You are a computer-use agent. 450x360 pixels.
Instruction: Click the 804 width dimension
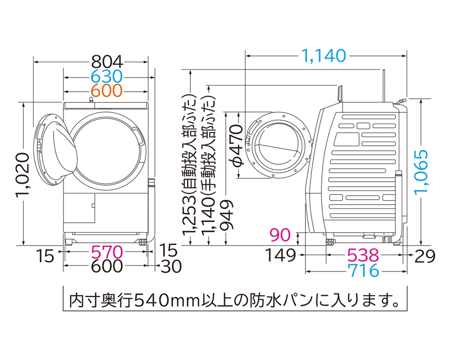coord(107,61)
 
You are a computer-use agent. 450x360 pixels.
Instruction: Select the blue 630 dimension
coord(107,76)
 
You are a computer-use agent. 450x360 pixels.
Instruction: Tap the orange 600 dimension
coord(107,90)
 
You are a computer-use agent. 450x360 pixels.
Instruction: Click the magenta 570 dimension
coord(107,252)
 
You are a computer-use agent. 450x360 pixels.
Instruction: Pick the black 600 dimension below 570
coord(107,266)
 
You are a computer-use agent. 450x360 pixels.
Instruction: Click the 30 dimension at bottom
coord(171,266)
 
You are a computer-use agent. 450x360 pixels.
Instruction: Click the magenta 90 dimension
coord(280,235)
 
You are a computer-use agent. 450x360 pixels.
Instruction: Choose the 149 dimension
coord(280,255)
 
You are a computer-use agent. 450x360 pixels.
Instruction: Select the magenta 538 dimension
coord(363,255)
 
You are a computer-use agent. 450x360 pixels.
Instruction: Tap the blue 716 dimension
coord(363,270)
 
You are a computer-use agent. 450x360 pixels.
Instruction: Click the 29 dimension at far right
coord(425,256)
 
